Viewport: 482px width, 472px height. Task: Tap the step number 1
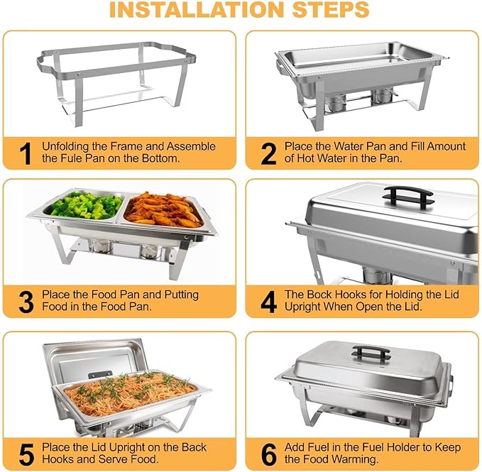[x=26, y=153]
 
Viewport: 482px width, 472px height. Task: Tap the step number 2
[x=268, y=153]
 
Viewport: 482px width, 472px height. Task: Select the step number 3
[x=26, y=302]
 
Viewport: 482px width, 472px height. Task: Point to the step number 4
[x=268, y=302]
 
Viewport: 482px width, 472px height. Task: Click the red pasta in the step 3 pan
[x=163, y=209]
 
